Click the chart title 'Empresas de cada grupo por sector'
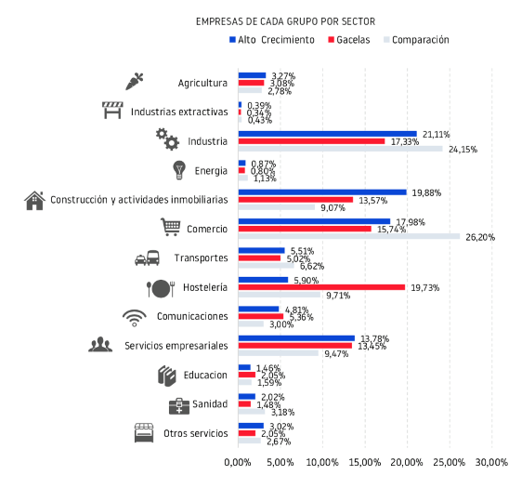[272, 20]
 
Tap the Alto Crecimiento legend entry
[272, 40]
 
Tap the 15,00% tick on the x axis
[365, 462]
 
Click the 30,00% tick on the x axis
[491, 462]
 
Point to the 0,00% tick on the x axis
[239, 462]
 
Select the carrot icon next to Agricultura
[135, 81]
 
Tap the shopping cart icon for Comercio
[170, 227]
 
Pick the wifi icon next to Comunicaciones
[135, 317]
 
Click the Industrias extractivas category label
[179, 112]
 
